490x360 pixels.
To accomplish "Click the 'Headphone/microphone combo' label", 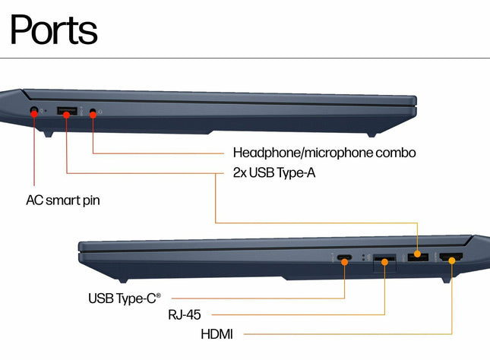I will tap(324, 153).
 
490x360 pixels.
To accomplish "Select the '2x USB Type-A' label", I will tap(273, 173).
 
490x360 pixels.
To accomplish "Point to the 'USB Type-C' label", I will tap(125, 297).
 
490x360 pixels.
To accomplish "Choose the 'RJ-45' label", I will tap(184, 314).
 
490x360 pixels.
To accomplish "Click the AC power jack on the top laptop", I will tap(33, 111).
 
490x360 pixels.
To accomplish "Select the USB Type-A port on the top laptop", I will tap(66, 112).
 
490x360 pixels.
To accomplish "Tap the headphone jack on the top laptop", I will tap(93, 112).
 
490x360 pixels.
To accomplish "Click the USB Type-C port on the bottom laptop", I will tap(345, 260).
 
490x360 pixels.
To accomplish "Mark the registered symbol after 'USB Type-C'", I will tap(159, 294).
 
